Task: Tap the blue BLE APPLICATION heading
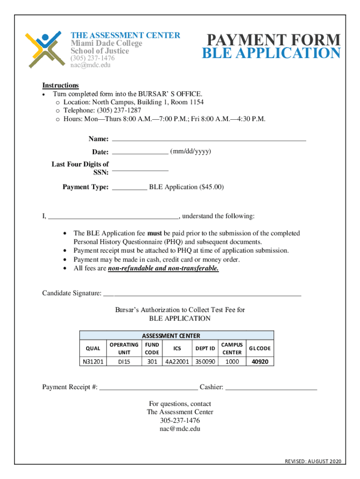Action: (x=271, y=54)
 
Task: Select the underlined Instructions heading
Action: (x=60, y=85)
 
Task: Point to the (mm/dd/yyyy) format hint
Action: (x=191, y=152)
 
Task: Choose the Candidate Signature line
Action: (x=202, y=294)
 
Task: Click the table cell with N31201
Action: (x=94, y=362)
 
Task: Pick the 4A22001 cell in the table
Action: (x=177, y=362)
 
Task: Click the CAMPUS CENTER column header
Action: (x=232, y=348)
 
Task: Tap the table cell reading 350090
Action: (x=205, y=362)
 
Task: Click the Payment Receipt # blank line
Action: (x=149, y=387)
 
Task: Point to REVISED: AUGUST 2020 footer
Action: (x=313, y=462)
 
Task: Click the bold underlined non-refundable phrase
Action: (x=163, y=269)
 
